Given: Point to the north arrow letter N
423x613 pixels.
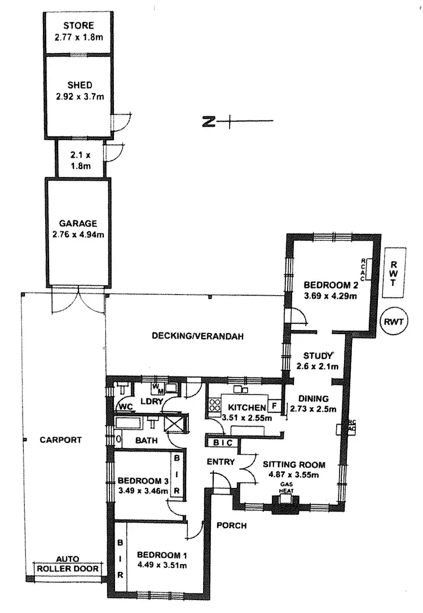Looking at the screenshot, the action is click(208, 121).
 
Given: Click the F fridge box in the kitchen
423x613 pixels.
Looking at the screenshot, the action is click(275, 406).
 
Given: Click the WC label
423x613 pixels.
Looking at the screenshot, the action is click(125, 406).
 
